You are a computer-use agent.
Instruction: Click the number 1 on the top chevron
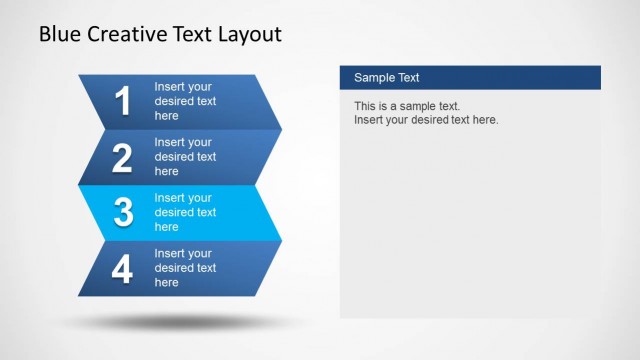point(123,102)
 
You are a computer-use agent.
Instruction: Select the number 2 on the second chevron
point(123,158)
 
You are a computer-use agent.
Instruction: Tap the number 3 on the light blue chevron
point(123,213)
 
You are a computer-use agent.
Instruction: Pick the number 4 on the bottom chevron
point(123,269)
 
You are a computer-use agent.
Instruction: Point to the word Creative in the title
point(127,35)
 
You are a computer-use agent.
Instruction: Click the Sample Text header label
point(386,78)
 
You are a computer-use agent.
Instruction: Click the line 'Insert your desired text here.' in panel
point(426,120)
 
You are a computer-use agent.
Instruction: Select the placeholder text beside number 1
point(185,101)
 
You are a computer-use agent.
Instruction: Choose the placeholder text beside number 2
point(185,157)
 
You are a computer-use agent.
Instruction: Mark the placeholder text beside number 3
point(185,212)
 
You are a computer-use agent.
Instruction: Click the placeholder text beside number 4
point(185,268)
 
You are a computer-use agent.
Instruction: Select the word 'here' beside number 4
point(166,283)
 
